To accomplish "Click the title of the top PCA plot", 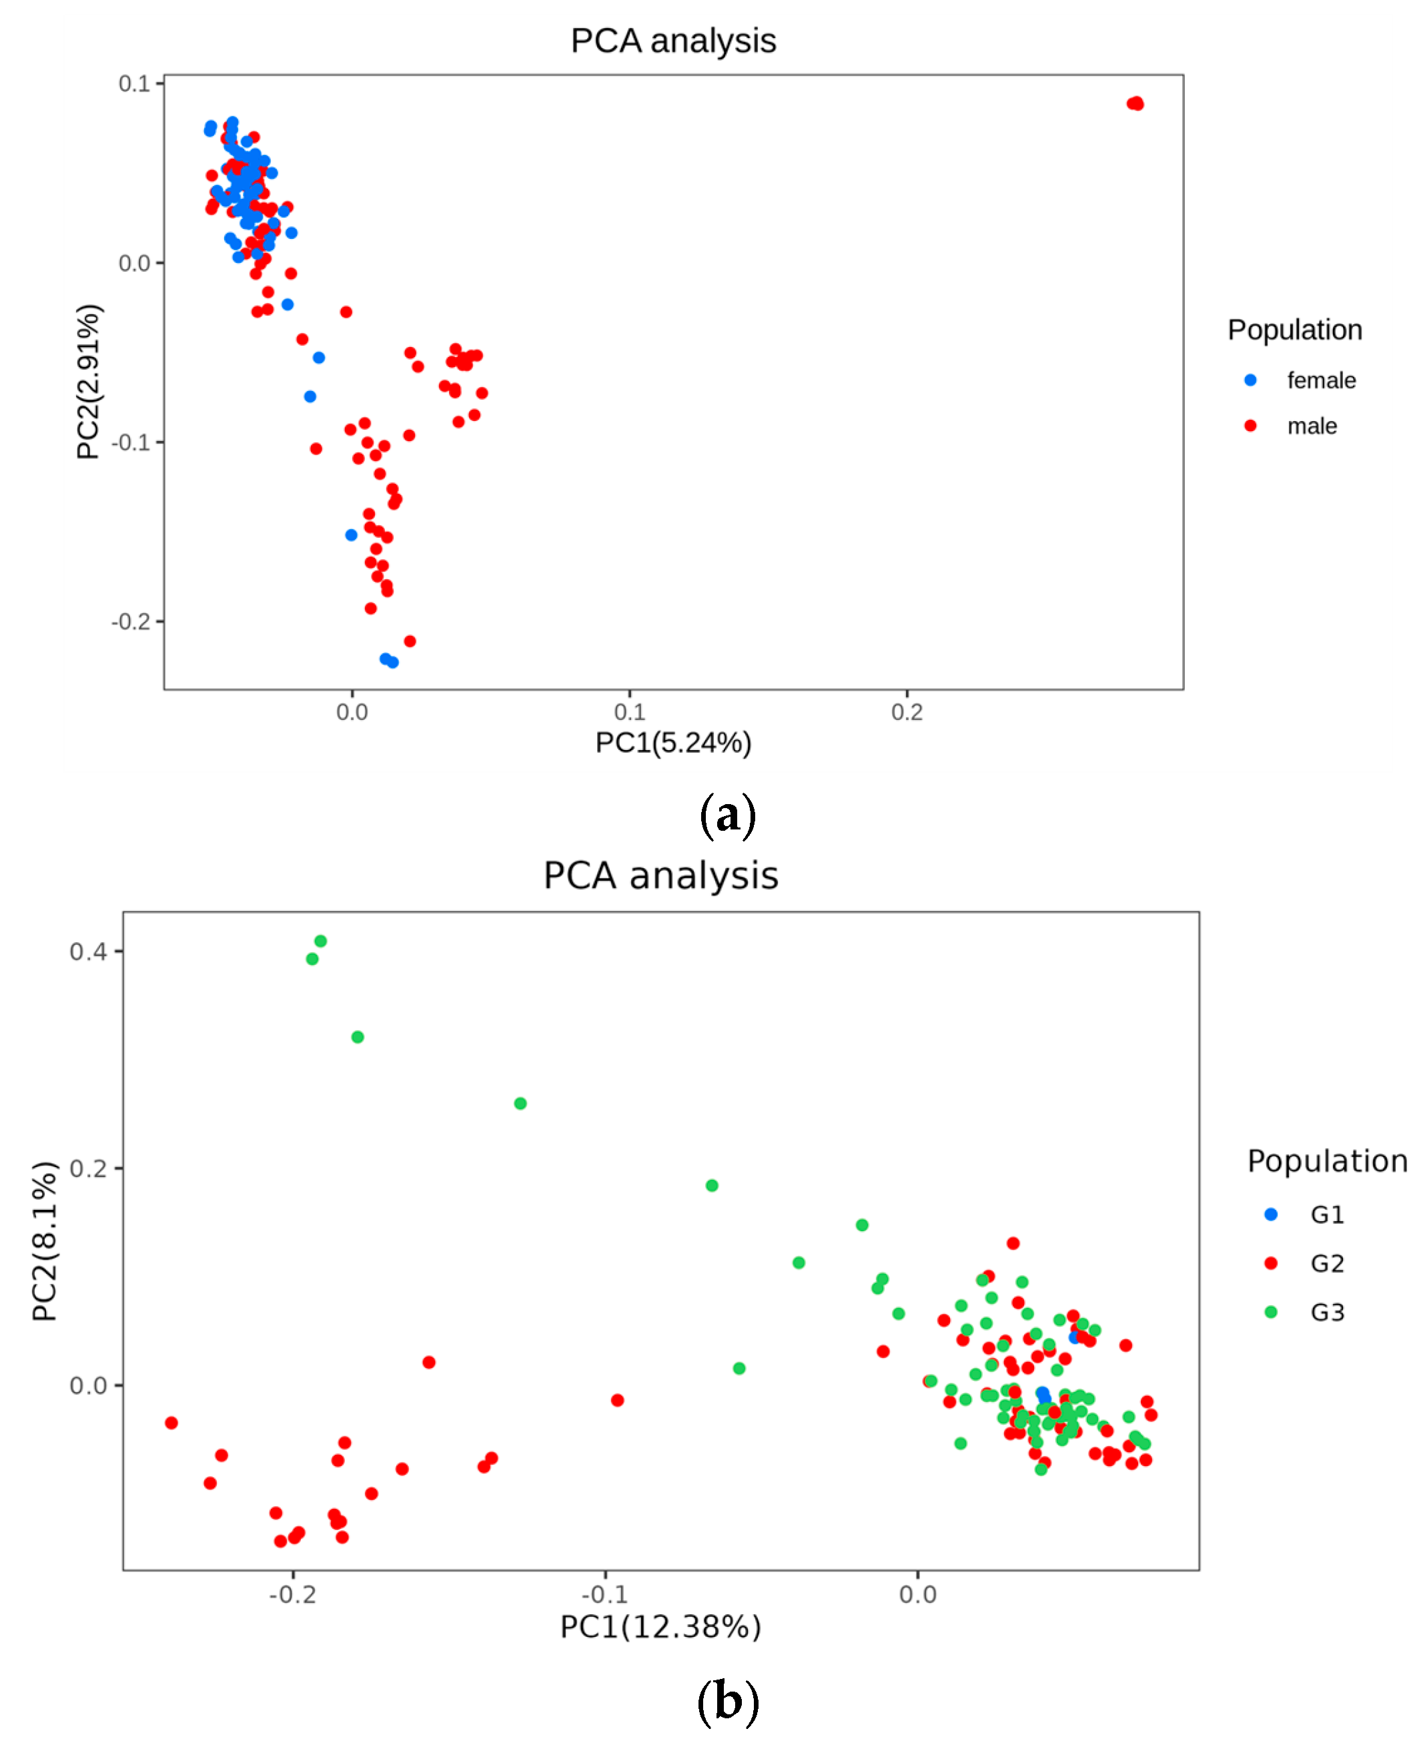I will click(673, 41).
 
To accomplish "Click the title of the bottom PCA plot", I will click(660, 875).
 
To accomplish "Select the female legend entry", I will click(1320, 380).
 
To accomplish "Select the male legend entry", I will click(1312, 426).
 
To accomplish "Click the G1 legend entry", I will click(1326, 1214).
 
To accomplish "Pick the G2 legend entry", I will click(1326, 1264).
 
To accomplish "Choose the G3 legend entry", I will click(1326, 1313).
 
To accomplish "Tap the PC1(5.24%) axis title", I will click(673, 743).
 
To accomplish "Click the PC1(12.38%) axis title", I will click(660, 1627).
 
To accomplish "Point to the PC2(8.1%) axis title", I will click(45, 1241).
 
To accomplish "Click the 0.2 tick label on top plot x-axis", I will click(907, 711).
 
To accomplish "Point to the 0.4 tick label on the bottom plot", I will click(87, 952).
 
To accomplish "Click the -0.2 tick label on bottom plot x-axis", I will click(293, 1594).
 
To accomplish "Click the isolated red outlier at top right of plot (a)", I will click(1135, 103).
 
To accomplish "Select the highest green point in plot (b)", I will click(320, 941).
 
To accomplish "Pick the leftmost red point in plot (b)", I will click(171, 1423).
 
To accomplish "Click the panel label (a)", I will click(727, 815).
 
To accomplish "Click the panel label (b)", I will click(727, 1701).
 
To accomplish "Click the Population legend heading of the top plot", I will click(1294, 330).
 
